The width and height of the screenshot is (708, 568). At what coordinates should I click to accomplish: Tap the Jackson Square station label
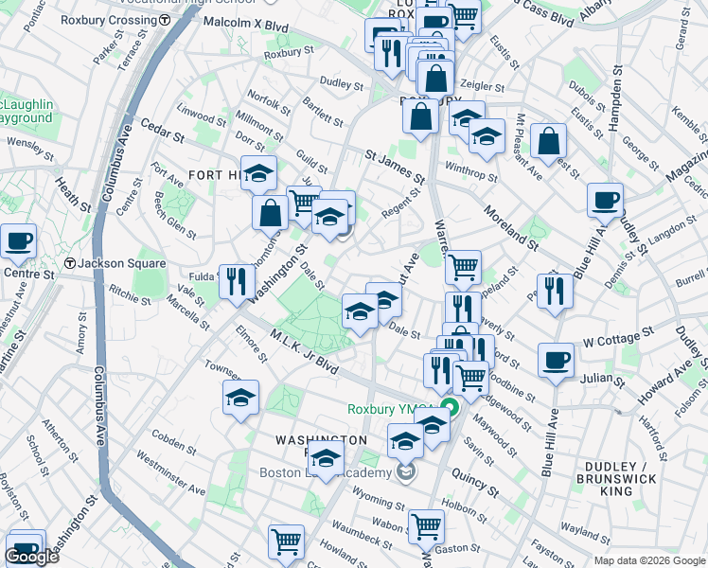pyautogui.click(x=114, y=263)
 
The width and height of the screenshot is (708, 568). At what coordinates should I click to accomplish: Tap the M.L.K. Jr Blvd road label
pyautogui.click(x=303, y=350)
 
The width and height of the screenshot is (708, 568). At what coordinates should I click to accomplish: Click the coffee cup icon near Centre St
pyautogui.click(x=17, y=241)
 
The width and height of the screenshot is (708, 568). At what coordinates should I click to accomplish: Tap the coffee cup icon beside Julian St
pyautogui.click(x=556, y=359)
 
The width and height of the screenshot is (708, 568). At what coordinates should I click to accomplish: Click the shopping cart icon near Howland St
pyautogui.click(x=286, y=541)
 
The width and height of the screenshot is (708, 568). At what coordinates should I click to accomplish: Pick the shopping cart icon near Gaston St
pyautogui.click(x=426, y=524)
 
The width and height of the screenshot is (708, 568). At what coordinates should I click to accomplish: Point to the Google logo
pyautogui.click(x=31, y=557)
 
